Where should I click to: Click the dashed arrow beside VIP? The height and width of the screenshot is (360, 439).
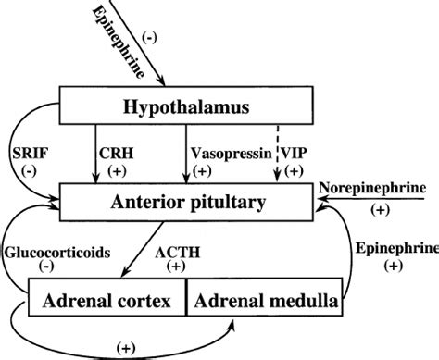(x=278, y=152)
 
